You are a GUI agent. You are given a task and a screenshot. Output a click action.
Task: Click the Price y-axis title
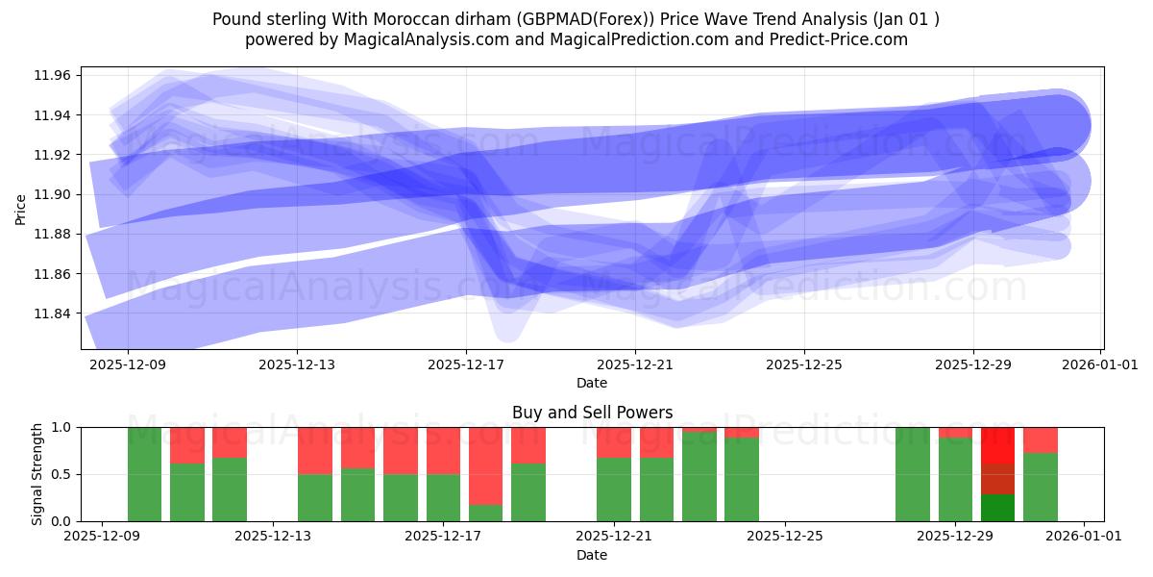pyautogui.click(x=21, y=208)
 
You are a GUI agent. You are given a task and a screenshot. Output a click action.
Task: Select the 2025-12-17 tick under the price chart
pyautogui.click(x=466, y=364)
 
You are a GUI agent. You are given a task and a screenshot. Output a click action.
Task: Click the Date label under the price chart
pyautogui.click(x=592, y=383)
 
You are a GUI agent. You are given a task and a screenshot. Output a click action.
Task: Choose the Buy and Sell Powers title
pyautogui.click(x=592, y=413)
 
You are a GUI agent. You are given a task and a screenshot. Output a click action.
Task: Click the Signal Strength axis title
pyautogui.click(x=37, y=474)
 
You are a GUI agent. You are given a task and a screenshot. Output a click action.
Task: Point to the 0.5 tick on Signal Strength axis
pyautogui.click(x=62, y=474)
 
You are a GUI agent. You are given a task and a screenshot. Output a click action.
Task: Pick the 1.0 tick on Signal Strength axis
pyautogui.click(x=62, y=427)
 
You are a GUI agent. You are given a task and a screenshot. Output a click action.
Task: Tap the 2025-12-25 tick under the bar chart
pyautogui.click(x=785, y=537)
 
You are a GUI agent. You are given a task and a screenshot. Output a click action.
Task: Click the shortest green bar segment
pyautogui.click(x=486, y=513)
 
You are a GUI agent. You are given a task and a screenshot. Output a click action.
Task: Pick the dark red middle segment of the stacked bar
pyautogui.click(x=997, y=479)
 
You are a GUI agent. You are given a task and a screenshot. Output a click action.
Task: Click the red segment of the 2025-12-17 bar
pyautogui.click(x=443, y=450)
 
